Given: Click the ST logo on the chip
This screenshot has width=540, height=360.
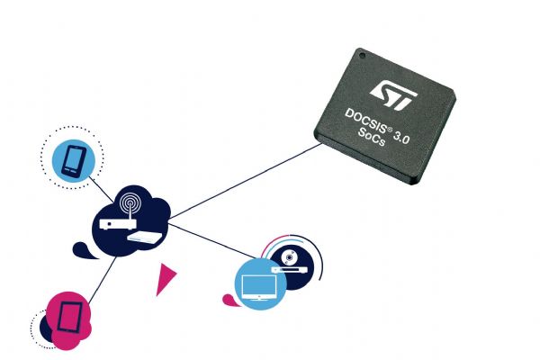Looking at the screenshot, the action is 393,95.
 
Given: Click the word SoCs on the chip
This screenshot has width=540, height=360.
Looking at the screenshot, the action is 372,137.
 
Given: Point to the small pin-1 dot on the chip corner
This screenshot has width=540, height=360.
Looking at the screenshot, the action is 362,55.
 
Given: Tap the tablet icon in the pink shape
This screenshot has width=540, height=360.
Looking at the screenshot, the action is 69,318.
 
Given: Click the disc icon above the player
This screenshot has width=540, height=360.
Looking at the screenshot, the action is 289,257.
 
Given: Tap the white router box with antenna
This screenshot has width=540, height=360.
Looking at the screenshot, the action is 118,223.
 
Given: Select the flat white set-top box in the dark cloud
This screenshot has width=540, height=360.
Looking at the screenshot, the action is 145,237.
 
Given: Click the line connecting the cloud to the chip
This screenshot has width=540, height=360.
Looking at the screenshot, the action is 245,181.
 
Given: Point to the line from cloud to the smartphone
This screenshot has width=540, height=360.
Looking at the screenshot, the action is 101,190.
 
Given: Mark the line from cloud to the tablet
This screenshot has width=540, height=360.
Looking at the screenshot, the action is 102,280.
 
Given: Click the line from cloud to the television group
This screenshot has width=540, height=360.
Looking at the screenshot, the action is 212,241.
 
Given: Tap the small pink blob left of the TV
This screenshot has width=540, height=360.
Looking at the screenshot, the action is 229,300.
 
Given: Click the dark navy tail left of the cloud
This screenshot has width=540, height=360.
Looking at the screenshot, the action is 84,250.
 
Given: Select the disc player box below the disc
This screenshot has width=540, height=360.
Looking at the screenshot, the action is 289,269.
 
